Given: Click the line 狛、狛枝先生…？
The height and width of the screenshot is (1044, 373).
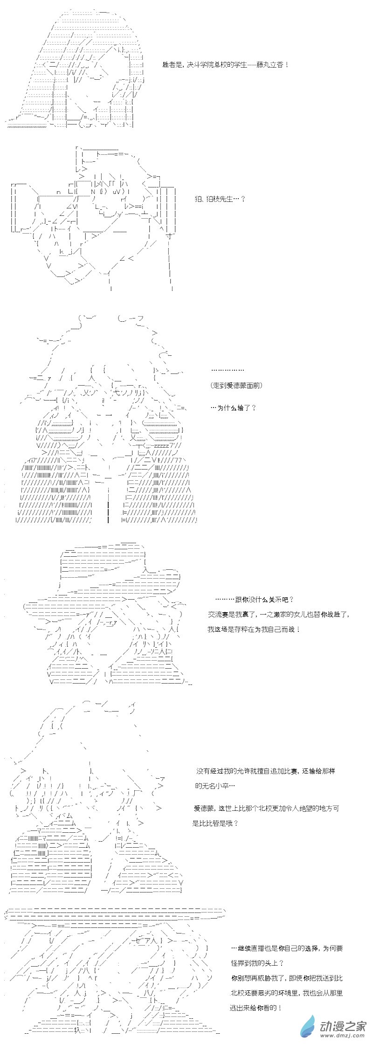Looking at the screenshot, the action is click(220, 199).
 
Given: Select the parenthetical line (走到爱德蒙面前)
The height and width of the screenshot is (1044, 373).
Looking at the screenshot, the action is click(236, 385).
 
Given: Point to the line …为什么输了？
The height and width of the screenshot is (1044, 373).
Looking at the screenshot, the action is click(233, 408).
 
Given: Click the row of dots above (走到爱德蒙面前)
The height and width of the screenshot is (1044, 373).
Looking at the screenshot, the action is click(228, 370).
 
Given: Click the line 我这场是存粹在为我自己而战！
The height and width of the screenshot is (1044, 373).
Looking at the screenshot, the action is click(254, 629).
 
